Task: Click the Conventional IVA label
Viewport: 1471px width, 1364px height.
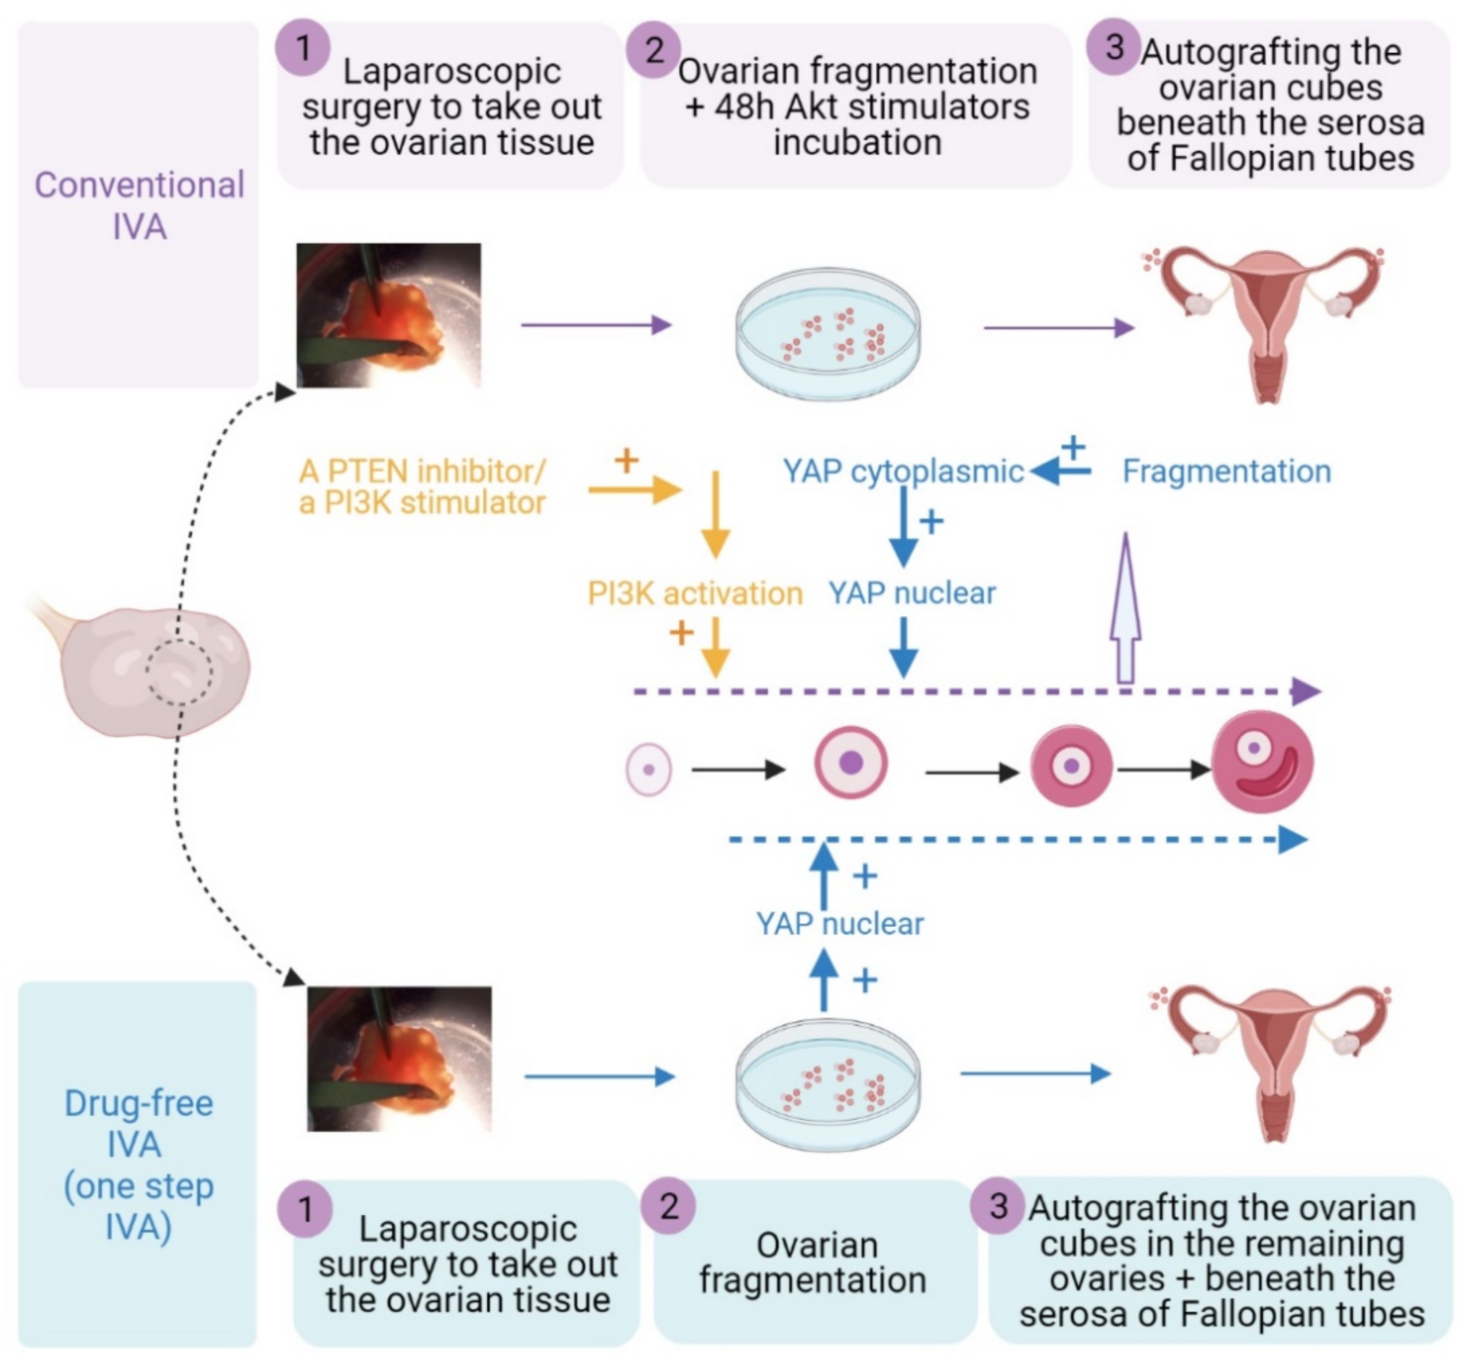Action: (139, 205)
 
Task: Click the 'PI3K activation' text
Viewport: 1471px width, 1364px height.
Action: (694, 594)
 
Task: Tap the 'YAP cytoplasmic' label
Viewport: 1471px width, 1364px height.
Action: (904, 472)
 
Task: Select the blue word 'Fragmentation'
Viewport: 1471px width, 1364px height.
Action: (1227, 471)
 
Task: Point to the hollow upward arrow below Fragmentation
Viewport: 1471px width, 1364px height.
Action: (1126, 608)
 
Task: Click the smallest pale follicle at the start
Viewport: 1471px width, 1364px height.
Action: (649, 769)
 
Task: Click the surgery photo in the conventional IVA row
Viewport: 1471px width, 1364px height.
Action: (388, 315)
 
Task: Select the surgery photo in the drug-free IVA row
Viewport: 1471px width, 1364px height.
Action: (399, 1058)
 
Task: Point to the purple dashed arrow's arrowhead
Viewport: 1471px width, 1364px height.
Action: (1305, 692)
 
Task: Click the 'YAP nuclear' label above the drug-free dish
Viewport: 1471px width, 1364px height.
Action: (840, 924)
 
